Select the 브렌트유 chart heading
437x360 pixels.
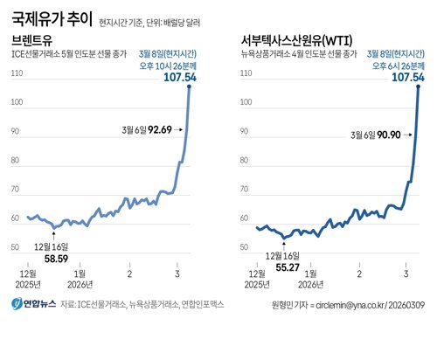click(x=33, y=40)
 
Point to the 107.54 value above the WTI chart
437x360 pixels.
click(x=407, y=78)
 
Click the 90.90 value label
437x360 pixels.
click(x=381, y=135)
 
